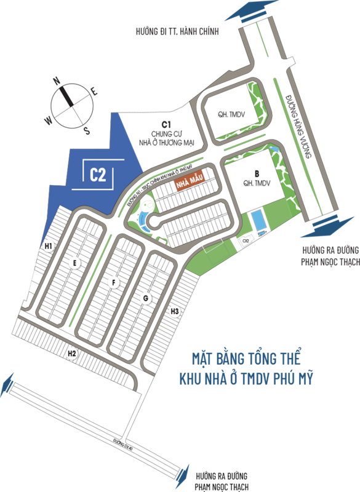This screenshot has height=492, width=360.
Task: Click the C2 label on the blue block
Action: (x=98, y=175)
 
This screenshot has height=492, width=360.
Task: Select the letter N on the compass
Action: (x=56, y=80)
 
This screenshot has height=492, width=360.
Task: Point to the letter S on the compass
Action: (x=87, y=130)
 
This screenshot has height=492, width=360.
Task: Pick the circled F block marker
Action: (x=114, y=282)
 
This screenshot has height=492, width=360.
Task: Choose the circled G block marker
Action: (x=145, y=299)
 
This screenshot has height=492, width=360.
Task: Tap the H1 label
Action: (x=48, y=247)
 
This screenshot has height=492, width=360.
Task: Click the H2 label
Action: (x=72, y=353)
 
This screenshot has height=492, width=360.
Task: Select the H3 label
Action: (x=175, y=312)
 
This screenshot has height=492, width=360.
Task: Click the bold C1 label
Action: (x=166, y=124)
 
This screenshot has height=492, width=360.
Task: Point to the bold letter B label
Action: (x=241, y=173)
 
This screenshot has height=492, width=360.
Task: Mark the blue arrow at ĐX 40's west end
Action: (x=7, y=384)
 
